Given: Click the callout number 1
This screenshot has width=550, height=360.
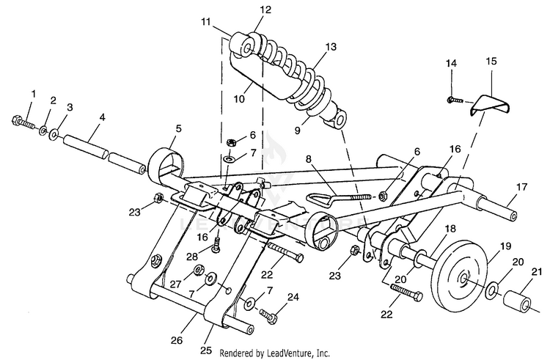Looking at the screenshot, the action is [34, 94].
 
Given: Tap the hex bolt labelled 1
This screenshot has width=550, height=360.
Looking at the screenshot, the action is [23, 122].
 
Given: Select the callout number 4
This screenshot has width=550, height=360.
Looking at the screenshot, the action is [102, 117].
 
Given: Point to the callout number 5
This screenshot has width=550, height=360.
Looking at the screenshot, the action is [178, 128].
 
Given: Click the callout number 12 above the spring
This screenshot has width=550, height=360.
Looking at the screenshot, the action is [266, 10].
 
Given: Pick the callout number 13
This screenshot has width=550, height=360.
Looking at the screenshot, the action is [331, 47].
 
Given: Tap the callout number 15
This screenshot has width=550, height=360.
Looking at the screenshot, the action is [491, 61].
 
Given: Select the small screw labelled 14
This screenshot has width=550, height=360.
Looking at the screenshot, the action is [455, 100].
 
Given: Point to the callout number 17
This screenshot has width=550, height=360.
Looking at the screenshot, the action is [522, 187].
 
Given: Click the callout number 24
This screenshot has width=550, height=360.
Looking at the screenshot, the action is [293, 298].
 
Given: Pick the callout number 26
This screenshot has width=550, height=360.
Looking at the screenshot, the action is [177, 340].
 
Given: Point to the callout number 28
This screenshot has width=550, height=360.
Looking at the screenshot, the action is [192, 257].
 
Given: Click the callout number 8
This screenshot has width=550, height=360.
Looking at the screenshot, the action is [308, 159].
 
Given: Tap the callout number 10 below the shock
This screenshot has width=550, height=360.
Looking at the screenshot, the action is [239, 99].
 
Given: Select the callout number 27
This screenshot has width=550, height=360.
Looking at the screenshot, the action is [175, 284].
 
